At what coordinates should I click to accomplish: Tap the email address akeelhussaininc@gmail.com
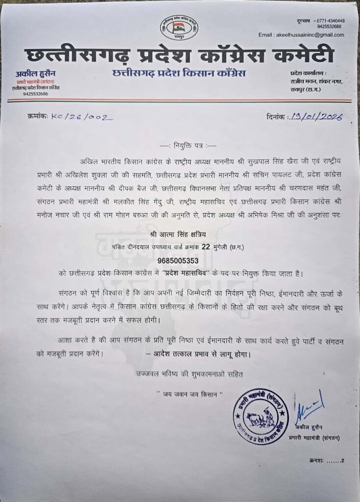301,35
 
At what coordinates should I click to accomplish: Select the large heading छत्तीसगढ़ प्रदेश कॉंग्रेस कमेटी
179,55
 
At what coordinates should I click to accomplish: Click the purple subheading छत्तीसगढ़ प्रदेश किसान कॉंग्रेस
179,74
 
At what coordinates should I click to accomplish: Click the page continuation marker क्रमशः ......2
327,460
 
